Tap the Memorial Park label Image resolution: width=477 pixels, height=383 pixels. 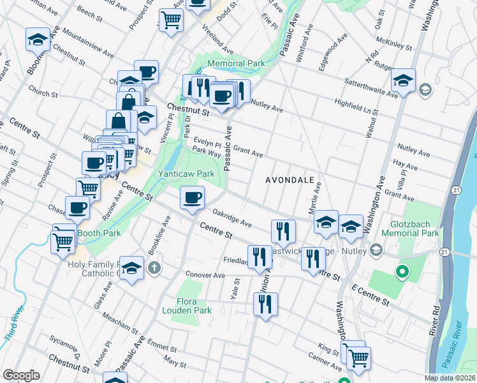pyautogui.click(x=236, y=64)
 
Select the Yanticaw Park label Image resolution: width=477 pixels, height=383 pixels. pyautogui.click(x=186, y=173)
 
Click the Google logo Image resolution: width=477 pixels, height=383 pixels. pyautogui.click(x=21, y=375)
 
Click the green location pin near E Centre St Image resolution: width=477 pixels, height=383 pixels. pyautogui.click(x=402, y=273)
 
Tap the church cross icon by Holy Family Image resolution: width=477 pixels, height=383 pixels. pyautogui.click(x=154, y=268)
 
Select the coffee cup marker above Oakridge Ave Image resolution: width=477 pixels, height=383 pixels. pyautogui.click(x=192, y=197)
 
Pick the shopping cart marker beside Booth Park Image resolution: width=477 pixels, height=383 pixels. pyautogui.click(x=64, y=239)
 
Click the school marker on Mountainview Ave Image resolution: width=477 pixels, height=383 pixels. pyautogui.click(x=38, y=40)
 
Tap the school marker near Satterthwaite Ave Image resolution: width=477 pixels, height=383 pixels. pyautogui.click(x=403, y=80)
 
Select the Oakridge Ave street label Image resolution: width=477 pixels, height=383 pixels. pyautogui.click(x=232, y=220)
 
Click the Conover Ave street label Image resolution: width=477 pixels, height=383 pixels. pyautogui.click(x=205, y=275)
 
